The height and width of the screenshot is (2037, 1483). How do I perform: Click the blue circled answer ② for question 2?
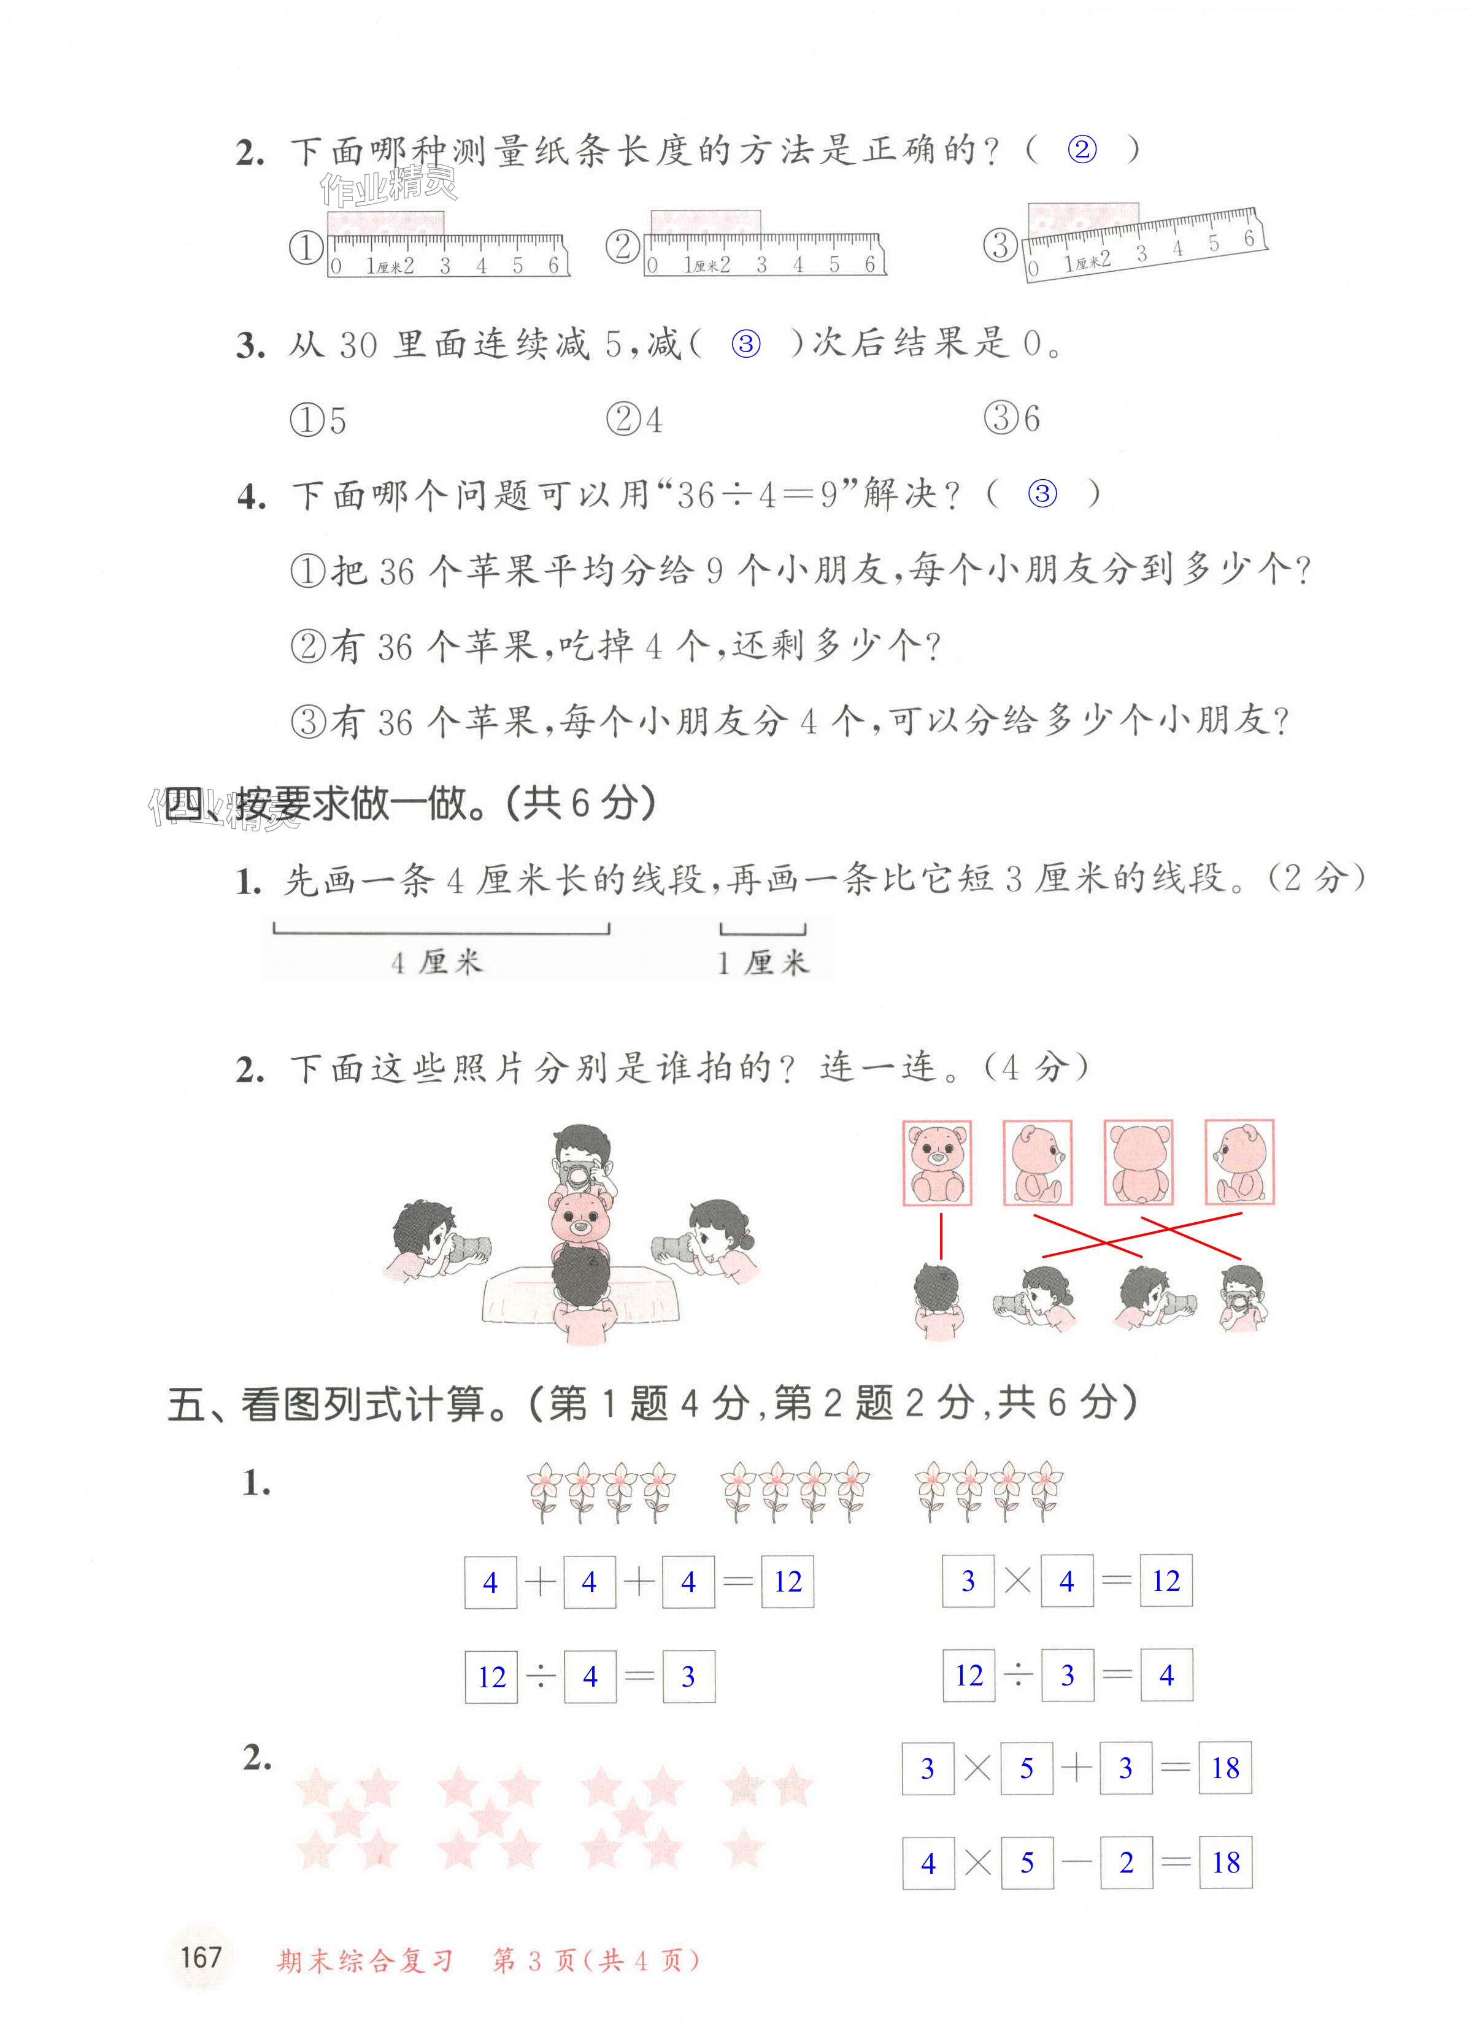1082,149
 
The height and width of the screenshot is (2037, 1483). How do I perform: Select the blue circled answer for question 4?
1042,493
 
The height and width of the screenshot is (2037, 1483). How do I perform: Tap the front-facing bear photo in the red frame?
937,1162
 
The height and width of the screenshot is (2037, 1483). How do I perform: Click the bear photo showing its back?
1138,1162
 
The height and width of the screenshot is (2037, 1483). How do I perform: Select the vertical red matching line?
941,1237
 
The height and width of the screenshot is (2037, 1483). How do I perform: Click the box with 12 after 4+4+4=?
788,1582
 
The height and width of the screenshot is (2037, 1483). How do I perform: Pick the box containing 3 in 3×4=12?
968,1581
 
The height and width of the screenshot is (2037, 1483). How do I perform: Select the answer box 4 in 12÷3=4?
1166,1675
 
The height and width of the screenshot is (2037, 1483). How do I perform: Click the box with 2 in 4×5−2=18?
1127,1863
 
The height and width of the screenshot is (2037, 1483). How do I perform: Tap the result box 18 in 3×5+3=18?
1225,1768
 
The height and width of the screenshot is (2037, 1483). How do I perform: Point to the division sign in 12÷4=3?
540,1676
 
